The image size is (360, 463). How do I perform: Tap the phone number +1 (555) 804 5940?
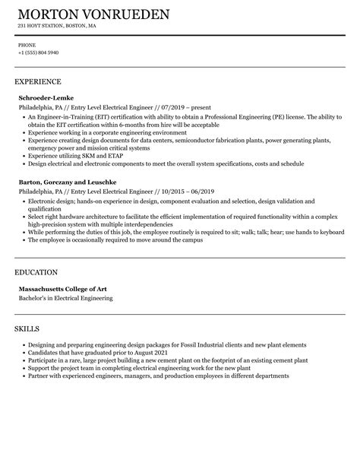[38, 52]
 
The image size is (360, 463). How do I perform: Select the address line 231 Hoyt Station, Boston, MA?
[56, 26]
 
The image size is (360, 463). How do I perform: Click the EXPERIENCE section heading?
[38, 81]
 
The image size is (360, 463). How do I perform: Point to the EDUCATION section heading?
[37, 271]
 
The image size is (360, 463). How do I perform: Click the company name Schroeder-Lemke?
[49, 97]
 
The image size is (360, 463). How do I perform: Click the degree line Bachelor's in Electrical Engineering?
[65, 298]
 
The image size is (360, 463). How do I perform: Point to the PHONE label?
[27, 45]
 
